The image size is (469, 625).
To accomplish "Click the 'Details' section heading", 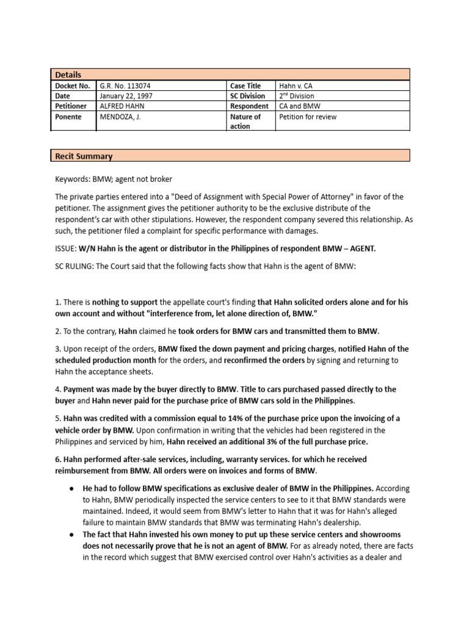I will click(x=68, y=74).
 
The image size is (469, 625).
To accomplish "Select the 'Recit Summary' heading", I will click(x=83, y=156).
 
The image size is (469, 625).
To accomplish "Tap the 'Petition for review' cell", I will click(x=308, y=117).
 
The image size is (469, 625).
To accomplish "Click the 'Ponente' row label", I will click(x=68, y=117).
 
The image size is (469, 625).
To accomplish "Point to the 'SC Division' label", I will click(x=247, y=96).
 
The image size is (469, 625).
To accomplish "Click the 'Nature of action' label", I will click(x=245, y=121).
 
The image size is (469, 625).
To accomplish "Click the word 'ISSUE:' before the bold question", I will click(x=65, y=248).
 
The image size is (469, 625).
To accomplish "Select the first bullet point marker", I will click(x=71, y=489).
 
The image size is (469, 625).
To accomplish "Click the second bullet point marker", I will click(x=71, y=534).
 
